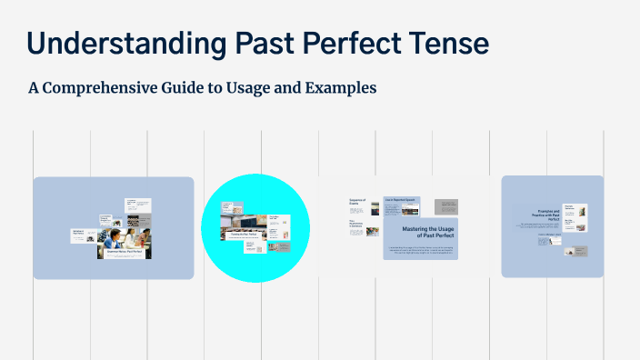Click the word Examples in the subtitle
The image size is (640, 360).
341,88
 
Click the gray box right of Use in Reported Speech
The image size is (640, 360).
445,206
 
